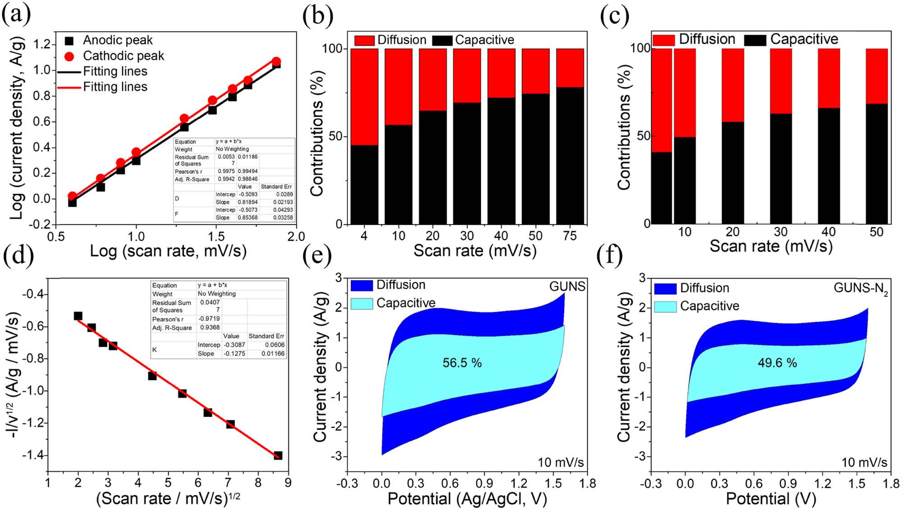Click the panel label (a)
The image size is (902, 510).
[x=16, y=14]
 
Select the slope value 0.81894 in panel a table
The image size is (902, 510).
[x=248, y=202]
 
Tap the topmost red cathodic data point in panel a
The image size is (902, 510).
[x=276, y=61]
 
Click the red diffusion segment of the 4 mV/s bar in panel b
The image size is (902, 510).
[x=364, y=97]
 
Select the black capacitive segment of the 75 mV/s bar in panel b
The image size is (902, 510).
[x=570, y=156]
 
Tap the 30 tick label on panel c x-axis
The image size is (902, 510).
[x=781, y=232]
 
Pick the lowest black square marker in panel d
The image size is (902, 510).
[x=278, y=455]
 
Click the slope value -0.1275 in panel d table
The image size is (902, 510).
[x=235, y=354]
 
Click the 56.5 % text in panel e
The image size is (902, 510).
[x=462, y=363]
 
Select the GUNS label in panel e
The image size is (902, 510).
[x=567, y=287]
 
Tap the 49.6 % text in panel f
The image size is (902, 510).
[x=777, y=363]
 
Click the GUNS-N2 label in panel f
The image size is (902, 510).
[x=861, y=288]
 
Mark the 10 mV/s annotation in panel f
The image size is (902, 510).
[x=864, y=463]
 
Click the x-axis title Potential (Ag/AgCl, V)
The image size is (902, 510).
[x=467, y=499]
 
